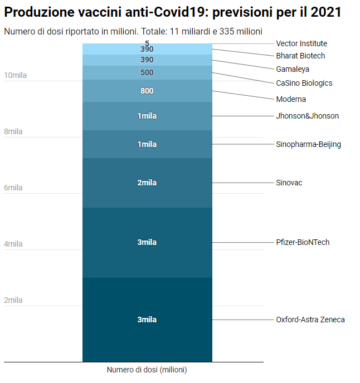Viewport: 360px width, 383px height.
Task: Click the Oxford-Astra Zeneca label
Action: [310, 320]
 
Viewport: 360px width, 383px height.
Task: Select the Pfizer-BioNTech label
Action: [303, 242]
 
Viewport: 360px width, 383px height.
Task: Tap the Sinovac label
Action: [289, 183]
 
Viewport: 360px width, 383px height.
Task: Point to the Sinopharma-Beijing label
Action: [308, 144]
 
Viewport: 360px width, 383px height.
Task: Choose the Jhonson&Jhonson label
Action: [307, 116]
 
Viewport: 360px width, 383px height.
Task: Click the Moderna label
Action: [291, 99]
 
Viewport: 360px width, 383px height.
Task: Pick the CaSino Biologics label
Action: [304, 83]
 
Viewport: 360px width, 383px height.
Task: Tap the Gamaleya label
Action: [293, 69]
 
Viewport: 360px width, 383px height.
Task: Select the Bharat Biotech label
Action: [300, 56]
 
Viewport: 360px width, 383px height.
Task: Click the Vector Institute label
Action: [301, 43]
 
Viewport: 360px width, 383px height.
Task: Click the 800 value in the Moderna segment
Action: [147, 91]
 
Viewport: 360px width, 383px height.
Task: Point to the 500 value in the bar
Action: [147, 72]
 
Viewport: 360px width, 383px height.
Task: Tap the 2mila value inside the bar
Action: [147, 183]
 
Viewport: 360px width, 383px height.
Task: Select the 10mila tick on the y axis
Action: [15, 75]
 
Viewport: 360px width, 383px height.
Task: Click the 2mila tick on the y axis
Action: [13, 300]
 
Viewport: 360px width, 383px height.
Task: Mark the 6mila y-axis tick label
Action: [13, 188]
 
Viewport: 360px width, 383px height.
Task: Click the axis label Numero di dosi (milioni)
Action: [147, 370]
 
